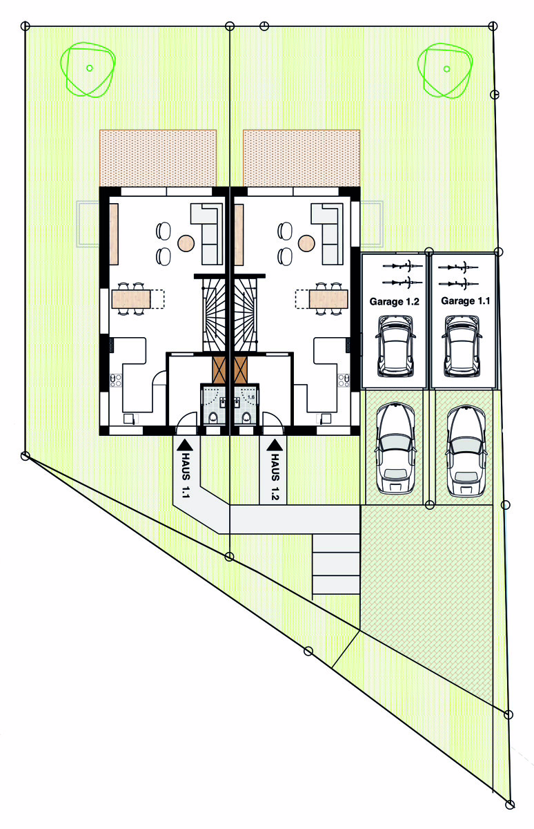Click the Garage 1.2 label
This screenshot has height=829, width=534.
pyautogui.click(x=395, y=302)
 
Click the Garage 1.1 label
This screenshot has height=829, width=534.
pyautogui.click(x=465, y=301)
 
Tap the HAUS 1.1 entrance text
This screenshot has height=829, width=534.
pyautogui.click(x=186, y=475)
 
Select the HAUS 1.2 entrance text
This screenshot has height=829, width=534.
pyautogui.click(x=275, y=477)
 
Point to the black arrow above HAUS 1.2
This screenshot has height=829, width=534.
pyautogui.click(x=275, y=445)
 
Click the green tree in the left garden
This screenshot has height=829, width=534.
pyautogui.click(x=88, y=70)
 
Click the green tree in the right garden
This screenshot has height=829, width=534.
pyautogui.click(x=445, y=70)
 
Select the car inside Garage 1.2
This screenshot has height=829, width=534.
pyautogui.click(x=395, y=346)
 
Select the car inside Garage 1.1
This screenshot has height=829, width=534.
pyautogui.click(x=462, y=346)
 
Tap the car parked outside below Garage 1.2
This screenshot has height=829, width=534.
pyautogui.click(x=395, y=448)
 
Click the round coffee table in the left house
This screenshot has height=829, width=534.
pyautogui.click(x=186, y=243)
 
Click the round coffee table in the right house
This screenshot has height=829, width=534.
pyautogui.click(x=306, y=243)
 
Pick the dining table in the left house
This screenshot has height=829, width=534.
pyautogui.click(x=131, y=299)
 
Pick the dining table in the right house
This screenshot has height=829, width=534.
pyautogui.click(x=328, y=299)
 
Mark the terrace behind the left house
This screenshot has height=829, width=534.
pyautogui.click(x=158, y=158)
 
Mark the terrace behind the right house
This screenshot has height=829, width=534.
pyautogui.click(x=301, y=158)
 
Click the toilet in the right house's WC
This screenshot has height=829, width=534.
pyautogui.click(x=246, y=418)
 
